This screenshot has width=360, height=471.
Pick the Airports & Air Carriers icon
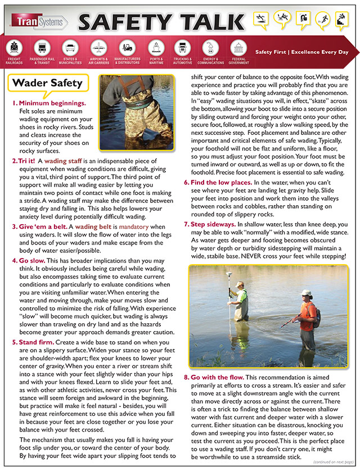pos(98,47)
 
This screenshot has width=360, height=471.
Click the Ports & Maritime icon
pos(156,47)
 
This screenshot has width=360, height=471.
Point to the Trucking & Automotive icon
pos(182,47)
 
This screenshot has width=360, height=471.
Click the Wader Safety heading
pos(47,83)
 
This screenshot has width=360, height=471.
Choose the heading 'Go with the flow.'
pos(217,376)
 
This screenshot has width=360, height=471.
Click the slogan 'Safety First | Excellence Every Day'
pos(301,52)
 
